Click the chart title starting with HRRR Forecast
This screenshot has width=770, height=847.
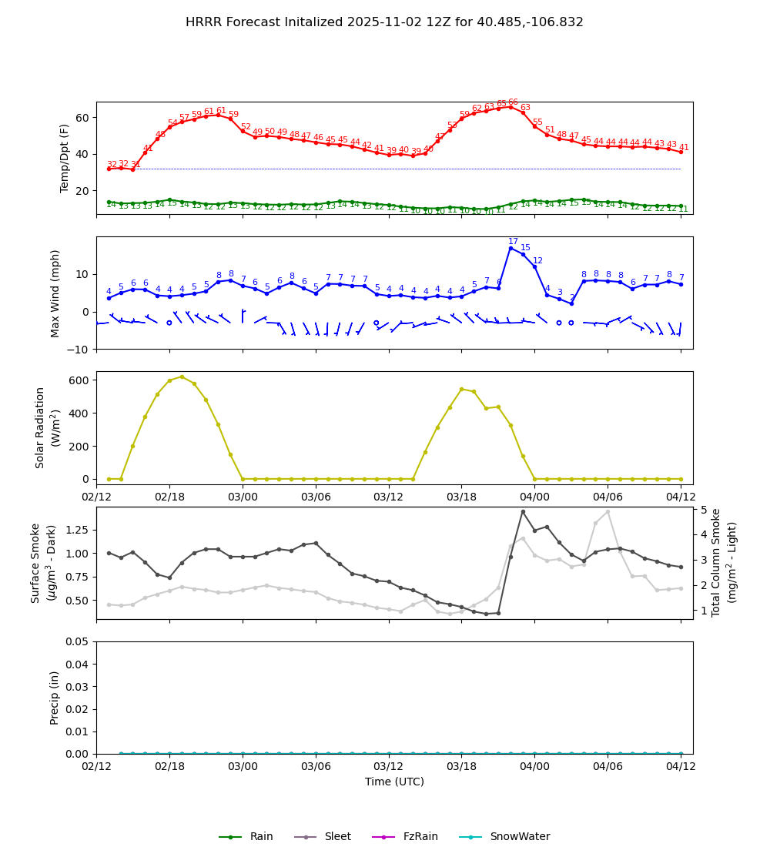tap(384, 22)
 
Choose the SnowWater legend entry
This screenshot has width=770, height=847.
tap(504, 837)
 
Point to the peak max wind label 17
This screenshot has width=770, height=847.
tap(513, 242)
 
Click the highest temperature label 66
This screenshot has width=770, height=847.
tap(513, 102)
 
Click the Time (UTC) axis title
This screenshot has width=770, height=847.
tap(394, 782)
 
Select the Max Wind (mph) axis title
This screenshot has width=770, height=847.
tap(55, 293)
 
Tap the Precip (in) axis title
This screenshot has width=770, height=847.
tap(55, 698)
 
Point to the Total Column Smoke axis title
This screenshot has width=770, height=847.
tap(724, 562)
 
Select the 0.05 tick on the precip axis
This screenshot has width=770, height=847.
tap(76, 642)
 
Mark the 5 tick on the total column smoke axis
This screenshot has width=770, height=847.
tap(704, 510)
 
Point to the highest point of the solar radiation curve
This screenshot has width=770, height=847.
tap(182, 377)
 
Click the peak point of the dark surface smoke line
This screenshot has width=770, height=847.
tap(523, 511)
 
